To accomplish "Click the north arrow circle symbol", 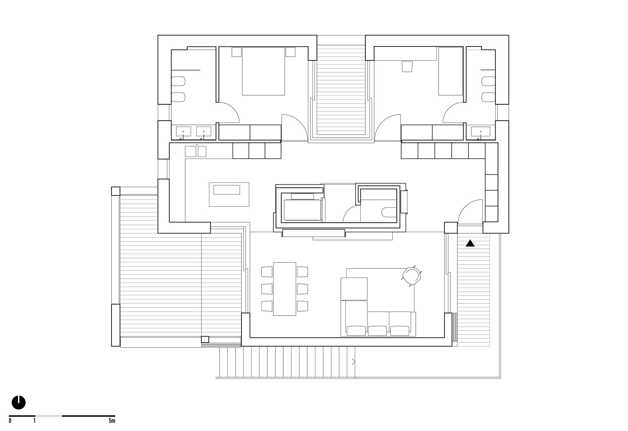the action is tap(19, 402).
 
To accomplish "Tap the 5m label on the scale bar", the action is tap(112, 421).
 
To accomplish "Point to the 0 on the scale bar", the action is tap(10, 421).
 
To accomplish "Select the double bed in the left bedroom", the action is tap(263, 71).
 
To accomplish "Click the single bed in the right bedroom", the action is tap(450, 71).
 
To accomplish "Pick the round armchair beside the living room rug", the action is tap(411, 277).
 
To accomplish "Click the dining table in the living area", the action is tap(285, 289).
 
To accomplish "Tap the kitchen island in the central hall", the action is tap(229, 194).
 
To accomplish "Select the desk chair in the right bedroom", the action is tap(407, 66).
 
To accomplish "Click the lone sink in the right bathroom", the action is tap(481, 132).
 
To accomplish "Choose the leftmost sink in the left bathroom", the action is tap(183, 132).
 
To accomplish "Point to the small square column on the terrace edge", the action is tap(205, 339).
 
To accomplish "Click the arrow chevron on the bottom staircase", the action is tap(353, 362).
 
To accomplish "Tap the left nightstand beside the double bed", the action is tap(236, 52).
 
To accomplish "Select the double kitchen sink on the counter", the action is tap(196, 151).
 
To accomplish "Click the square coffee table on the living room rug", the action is tap(354, 289).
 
